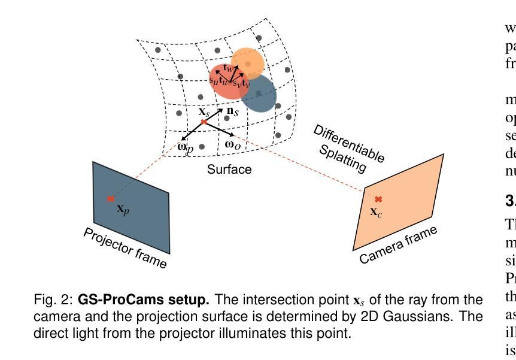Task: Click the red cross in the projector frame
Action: pyautogui.click(x=111, y=199)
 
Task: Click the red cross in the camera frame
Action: pyautogui.click(x=378, y=199)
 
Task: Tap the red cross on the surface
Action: pyautogui.click(x=204, y=122)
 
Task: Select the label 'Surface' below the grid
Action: pyautogui.click(x=229, y=170)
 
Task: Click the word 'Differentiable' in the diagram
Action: pyautogui.click(x=349, y=144)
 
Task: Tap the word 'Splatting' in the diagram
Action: pyautogui.click(x=342, y=160)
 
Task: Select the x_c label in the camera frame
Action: pyautogui.click(x=376, y=211)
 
